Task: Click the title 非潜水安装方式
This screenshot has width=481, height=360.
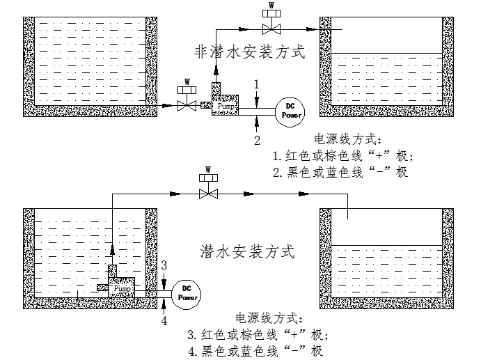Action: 249,53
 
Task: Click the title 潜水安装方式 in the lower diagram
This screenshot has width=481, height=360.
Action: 247,249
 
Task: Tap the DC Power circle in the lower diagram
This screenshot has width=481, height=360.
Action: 186,292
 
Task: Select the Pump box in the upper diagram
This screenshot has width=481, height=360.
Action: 224,106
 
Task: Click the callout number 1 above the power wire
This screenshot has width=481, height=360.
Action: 257,84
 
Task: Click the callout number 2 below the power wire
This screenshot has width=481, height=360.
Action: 257,140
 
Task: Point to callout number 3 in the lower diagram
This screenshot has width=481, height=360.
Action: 164,265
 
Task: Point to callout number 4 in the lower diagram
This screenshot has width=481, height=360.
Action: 164,321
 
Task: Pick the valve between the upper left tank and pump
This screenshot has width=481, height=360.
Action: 186,105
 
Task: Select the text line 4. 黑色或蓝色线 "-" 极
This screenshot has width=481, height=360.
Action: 255,350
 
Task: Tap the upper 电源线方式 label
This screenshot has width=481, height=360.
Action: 344,138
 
